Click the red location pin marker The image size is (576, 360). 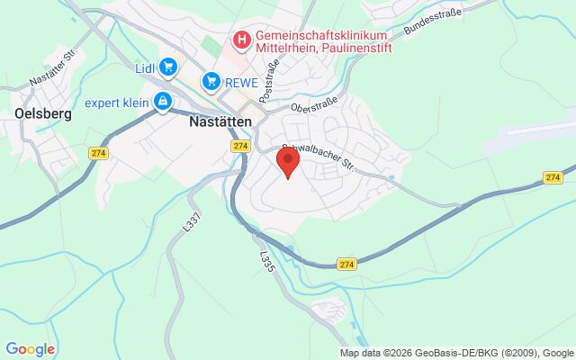(x=288, y=163)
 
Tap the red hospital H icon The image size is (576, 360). (x=241, y=39)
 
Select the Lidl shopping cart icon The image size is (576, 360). (x=168, y=66)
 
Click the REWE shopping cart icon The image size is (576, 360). (x=211, y=82)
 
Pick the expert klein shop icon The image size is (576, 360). (x=162, y=102)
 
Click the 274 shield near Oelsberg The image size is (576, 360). (x=99, y=154)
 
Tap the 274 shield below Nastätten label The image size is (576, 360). (x=239, y=146)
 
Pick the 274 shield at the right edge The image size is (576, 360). (x=553, y=178)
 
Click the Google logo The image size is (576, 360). (x=30, y=349)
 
